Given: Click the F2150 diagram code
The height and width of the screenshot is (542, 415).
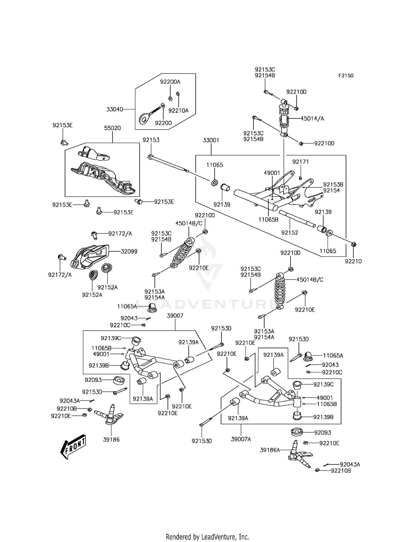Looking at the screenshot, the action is pos(346,76).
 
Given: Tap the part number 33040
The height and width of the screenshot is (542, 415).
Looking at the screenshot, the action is pos(115,109).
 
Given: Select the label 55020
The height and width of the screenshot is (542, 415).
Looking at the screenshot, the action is pos(113,128).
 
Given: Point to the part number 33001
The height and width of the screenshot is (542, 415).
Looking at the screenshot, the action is pos(211,140).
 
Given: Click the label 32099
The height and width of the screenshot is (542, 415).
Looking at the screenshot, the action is pos(129,252).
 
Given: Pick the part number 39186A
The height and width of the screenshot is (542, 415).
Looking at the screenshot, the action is pos(270,450).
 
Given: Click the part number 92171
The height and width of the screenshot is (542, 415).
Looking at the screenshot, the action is pos(301,162).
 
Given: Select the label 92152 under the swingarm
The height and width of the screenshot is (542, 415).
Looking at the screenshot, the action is pos(290,233).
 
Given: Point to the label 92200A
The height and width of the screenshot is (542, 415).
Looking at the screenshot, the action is pos(170,82).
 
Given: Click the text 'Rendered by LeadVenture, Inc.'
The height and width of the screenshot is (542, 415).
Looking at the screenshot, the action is pos(207,529).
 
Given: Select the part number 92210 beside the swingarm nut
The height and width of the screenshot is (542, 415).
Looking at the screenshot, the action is pos(353,261).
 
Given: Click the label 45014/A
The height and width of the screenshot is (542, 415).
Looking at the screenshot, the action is pos(312,119).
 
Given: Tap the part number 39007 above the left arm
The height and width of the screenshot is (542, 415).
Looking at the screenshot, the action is pos(175,315).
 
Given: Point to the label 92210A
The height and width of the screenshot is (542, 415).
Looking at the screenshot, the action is pos(178,111).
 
